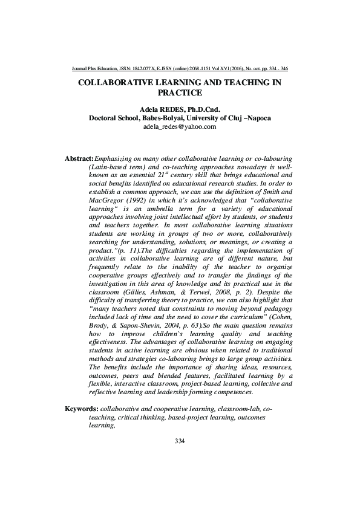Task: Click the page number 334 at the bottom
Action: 179,441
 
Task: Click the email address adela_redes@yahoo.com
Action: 179,126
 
